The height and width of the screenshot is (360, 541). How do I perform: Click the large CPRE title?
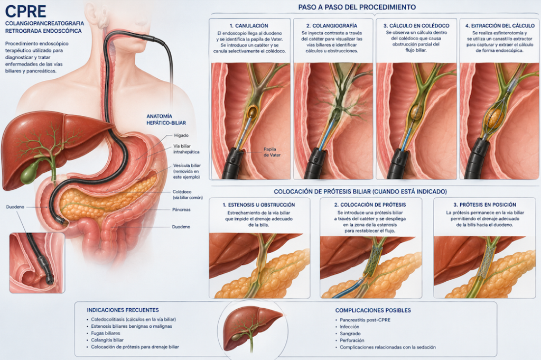[25, 12]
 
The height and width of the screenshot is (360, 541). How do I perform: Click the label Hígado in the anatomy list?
[181, 135]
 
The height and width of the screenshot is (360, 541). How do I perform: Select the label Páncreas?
[181, 209]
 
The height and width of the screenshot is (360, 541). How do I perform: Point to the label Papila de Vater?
[272, 152]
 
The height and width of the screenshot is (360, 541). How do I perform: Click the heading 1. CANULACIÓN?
[249, 25]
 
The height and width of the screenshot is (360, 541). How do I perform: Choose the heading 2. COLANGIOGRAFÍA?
[332, 25]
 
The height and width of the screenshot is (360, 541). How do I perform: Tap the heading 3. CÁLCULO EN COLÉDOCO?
[416, 25]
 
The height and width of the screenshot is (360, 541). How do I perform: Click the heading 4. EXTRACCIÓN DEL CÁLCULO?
[500, 25]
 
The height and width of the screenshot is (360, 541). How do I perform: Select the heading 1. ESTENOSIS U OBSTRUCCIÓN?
[259, 205]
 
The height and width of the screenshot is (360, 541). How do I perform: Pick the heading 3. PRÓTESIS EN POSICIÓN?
[484, 205]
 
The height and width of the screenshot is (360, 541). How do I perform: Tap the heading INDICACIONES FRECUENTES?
[123, 310]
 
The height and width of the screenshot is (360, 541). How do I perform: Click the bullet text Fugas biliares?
[106, 333]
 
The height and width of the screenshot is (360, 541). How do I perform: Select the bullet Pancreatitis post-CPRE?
[365, 320]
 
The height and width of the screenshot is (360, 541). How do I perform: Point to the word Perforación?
[352, 340]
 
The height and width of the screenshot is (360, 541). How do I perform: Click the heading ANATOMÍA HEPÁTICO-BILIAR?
[166, 119]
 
